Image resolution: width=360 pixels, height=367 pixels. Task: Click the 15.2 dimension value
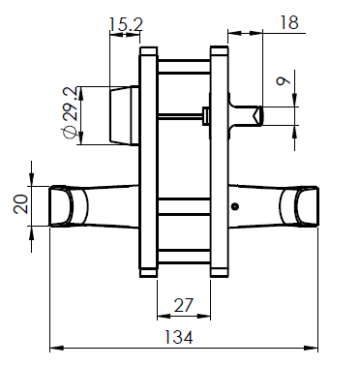[126, 21]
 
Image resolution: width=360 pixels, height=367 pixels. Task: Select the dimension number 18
[287, 21]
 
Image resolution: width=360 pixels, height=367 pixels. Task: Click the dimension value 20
[20, 205]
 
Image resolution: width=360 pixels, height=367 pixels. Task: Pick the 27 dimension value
[183, 306]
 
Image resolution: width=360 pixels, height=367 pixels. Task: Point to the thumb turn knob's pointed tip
[259, 115]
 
